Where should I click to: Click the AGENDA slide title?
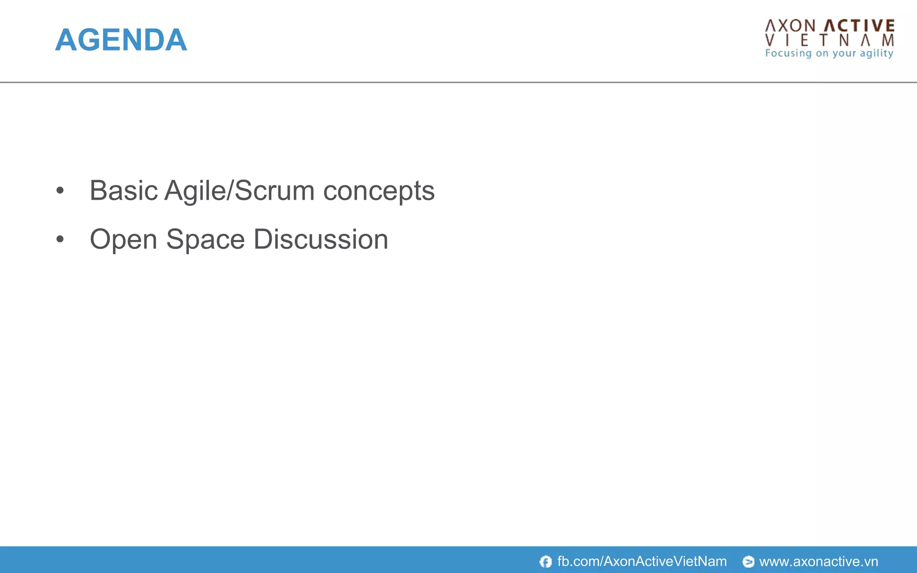(121, 40)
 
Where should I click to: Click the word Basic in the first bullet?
(124, 191)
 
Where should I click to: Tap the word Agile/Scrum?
(240, 191)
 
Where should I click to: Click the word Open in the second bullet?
(124, 239)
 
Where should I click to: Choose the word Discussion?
(321, 239)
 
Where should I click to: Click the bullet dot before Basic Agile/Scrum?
(60, 191)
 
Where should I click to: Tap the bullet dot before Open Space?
(60, 239)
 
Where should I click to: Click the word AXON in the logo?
(790, 26)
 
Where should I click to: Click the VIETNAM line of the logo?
(830, 41)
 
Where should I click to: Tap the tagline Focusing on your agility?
(829, 53)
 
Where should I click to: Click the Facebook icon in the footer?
(545, 561)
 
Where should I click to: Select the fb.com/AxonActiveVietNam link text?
(642, 561)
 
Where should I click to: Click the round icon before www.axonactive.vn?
(748, 561)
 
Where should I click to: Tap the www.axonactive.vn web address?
(818, 561)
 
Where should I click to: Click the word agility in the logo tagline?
(876, 53)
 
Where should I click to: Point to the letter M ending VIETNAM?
(888, 41)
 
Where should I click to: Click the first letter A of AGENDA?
(66, 40)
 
